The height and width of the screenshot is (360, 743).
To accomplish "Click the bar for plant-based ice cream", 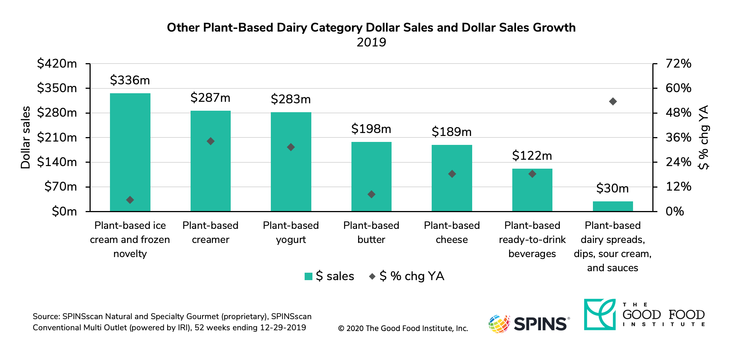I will (130, 152).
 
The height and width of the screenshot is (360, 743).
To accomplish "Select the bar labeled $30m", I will (613, 207).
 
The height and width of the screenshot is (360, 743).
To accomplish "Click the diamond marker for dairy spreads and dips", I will (613, 101).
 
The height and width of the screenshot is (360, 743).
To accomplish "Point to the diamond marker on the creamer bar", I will (211, 141).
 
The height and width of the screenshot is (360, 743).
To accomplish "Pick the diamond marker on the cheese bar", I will (452, 174).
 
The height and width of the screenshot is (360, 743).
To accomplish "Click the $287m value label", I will (210, 98).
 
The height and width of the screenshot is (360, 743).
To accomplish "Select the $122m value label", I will (532, 156).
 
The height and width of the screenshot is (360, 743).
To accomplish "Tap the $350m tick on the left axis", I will (57, 88).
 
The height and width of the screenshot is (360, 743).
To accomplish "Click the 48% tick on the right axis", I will (678, 113).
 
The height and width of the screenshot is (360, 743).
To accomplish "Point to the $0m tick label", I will (64, 211).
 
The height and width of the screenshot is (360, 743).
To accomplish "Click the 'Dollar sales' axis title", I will (25, 137).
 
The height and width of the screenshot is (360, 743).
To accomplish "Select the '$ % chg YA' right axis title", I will (703, 137).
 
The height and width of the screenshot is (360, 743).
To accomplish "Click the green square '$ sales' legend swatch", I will (308, 276).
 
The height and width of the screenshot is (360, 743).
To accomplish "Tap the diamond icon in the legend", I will (372, 276).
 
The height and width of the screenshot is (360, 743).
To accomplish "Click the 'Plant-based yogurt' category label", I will (291, 233).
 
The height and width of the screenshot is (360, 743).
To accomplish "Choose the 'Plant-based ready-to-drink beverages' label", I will (532, 240).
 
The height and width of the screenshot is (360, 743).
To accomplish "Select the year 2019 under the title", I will (371, 42).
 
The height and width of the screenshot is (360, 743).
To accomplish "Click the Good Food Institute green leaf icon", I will (600, 314).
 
